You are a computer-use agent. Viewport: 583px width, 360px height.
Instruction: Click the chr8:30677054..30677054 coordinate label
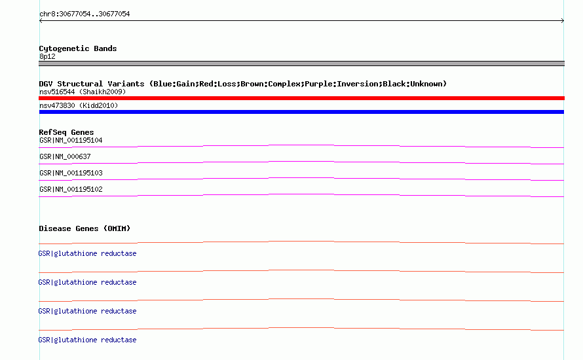coord(85,14)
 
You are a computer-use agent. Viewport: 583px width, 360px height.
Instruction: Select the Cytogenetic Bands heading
coord(78,48)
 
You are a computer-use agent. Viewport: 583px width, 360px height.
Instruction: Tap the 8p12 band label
coord(47,56)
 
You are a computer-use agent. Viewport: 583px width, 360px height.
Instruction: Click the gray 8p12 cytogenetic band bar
coord(301,63)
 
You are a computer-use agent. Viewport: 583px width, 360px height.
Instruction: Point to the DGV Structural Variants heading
coord(243,84)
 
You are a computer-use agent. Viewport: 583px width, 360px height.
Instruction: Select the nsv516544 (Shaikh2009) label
coord(83,92)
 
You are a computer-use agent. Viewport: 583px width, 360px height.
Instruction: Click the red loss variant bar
coord(301,98)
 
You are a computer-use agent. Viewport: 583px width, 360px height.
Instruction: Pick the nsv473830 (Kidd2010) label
coord(79,105)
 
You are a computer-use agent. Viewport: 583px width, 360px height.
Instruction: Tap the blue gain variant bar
coord(301,112)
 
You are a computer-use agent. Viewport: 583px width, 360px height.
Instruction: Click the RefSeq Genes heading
coord(66,132)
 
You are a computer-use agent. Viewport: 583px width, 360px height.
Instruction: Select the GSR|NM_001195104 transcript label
coord(71,141)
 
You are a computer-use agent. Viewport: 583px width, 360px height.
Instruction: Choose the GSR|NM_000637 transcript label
coord(65,157)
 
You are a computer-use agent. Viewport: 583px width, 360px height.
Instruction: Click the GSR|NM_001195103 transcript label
coord(71,173)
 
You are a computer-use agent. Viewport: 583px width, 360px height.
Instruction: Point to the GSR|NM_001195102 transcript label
coord(71,189)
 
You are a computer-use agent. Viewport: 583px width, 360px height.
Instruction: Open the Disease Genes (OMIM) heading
coord(85,228)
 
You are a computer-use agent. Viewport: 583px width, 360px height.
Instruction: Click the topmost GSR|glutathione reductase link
coord(87,253)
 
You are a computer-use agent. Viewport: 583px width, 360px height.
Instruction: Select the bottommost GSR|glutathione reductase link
coord(87,340)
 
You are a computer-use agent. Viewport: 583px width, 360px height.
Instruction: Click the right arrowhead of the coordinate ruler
coord(563,21)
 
